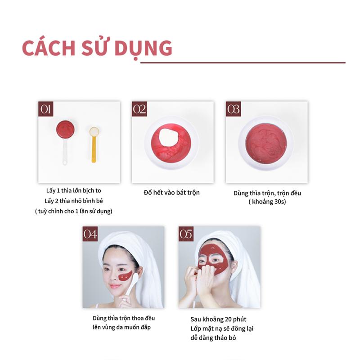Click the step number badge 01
point(46,109)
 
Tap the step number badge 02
point(139,109)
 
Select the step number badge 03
point(234,109)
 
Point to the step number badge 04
point(90,234)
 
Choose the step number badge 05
point(186,234)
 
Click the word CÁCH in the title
point(49,48)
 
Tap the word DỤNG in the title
point(144,49)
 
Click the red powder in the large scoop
point(65,129)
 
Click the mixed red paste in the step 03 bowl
point(266,144)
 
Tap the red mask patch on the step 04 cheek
point(126,276)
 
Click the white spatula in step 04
point(131,286)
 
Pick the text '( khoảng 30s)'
point(267,202)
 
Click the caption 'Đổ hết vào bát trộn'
point(172,193)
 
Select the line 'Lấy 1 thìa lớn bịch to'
point(74,190)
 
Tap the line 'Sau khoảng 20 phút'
point(218,319)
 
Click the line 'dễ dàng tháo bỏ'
point(213,338)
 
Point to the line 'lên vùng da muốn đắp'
point(121,327)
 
